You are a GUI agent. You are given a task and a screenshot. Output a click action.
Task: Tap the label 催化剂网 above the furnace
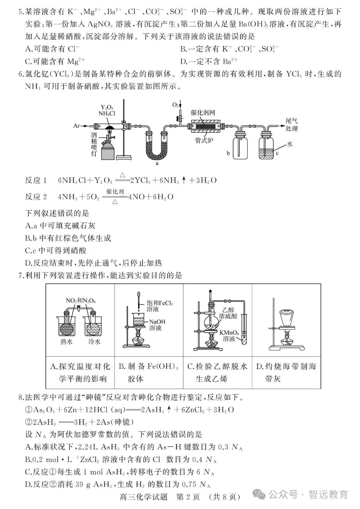coord(203,112)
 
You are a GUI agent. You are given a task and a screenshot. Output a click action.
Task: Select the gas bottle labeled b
coord(240,145)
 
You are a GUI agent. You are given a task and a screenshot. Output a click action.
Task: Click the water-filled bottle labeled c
coord(266,145)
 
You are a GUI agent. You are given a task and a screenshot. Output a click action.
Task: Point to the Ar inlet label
coord(77,126)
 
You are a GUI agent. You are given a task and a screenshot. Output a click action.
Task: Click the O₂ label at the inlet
coord(175,105)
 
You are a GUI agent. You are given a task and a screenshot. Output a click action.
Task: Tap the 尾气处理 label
coord(292,125)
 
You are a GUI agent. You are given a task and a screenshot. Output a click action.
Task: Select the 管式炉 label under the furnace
coord(204,140)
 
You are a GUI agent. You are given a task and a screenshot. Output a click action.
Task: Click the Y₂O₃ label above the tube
coord(107,107)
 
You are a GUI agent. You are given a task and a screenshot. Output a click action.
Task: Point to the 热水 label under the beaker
coord(66,342)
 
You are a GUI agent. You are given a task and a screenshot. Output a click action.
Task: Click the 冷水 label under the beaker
coord(94,342)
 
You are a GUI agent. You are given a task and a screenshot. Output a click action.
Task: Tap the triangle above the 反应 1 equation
coord(123,175)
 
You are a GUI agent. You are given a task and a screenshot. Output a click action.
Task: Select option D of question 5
coord(209,61)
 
